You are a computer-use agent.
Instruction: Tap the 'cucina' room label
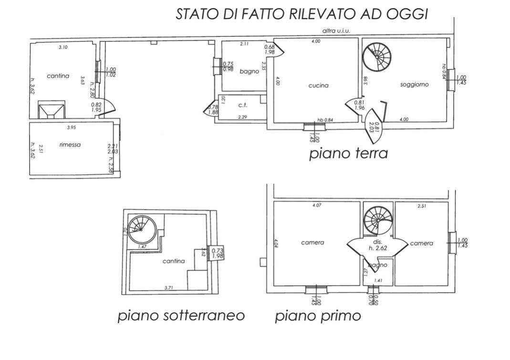(x=318, y=86)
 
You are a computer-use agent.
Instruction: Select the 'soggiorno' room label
(x=414, y=85)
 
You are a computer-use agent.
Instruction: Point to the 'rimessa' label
(x=70, y=145)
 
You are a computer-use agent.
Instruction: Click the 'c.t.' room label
(x=241, y=105)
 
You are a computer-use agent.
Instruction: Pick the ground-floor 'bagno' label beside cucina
(x=249, y=71)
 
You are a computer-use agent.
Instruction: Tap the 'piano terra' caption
(x=348, y=154)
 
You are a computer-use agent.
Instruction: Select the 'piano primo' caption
(x=318, y=316)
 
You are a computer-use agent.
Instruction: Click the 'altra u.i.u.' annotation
(x=336, y=31)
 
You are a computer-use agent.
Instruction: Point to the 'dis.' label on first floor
(x=377, y=242)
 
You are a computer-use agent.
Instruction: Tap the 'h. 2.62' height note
(x=377, y=249)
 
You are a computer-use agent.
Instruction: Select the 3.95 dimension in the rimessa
(x=72, y=127)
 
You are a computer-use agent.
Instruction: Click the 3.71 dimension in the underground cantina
(x=169, y=287)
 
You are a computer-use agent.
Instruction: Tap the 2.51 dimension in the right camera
(x=422, y=206)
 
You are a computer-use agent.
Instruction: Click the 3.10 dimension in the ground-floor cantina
(x=63, y=47)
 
